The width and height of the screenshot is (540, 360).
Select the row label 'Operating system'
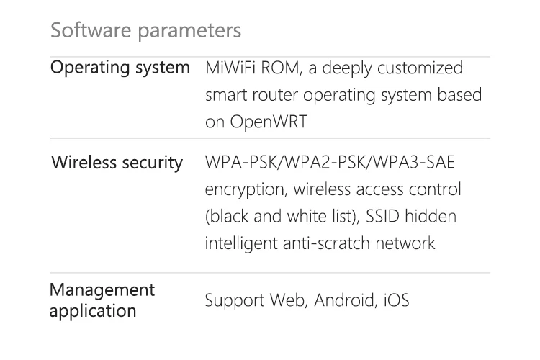point(120,68)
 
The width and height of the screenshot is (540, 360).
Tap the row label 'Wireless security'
point(117,162)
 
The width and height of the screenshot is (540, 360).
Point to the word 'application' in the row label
point(93,311)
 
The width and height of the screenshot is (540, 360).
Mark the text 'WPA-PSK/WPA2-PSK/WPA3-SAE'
point(330,163)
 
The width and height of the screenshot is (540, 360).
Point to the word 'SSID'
point(388,217)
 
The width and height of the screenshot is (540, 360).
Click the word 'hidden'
point(434,217)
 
